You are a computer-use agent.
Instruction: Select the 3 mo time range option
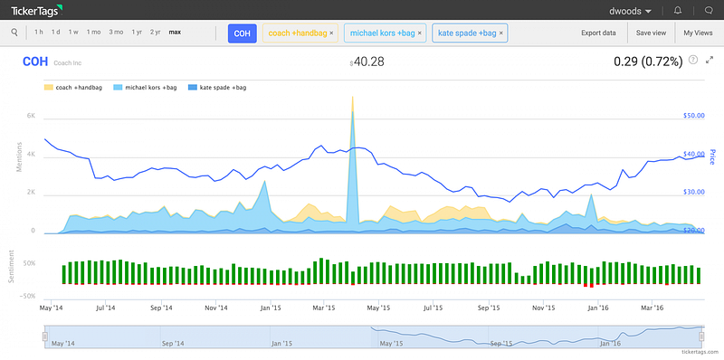click(x=116, y=33)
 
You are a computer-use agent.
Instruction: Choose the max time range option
click(x=175, y=33)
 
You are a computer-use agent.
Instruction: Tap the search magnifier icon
click(x=14, y=33)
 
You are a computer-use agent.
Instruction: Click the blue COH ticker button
click(x=242, y=33)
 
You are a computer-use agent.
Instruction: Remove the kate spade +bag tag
click(x=501, y=33)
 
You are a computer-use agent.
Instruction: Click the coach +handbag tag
click(x=298, y=33)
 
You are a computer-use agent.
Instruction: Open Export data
click(x=598, y=33)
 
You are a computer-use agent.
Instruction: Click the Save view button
click(x=651, y=33)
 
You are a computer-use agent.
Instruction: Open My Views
click(x=698, y=33)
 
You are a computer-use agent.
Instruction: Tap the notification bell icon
click(x=678, y=10)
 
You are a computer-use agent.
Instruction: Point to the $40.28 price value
click(x=367, y=62)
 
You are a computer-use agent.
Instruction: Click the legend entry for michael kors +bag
click(x=140, y=87)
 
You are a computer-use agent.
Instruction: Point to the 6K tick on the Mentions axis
click(x=31, y=117)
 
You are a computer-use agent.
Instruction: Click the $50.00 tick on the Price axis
click(x=694, y=116)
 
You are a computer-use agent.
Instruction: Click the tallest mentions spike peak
click(x=353, y=97)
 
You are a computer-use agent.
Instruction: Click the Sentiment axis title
click(x=12, y=267)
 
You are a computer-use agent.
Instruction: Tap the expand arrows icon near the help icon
click(x=710, y=60)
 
